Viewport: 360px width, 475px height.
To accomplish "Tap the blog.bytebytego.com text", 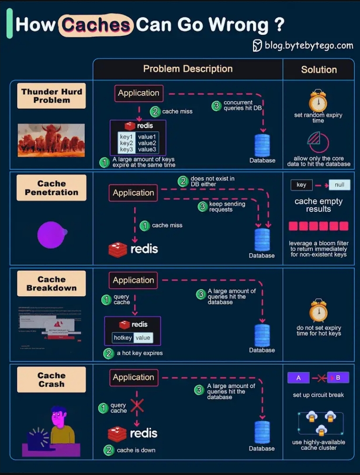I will (308, 45).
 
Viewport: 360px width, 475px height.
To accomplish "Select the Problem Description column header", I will (188, 69).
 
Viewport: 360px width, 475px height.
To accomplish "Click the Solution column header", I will (319, 70).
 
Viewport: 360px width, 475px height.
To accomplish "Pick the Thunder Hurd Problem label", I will (52, 96).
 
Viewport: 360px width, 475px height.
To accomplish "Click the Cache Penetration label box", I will (52, 188).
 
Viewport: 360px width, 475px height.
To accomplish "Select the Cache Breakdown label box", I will (52, 284).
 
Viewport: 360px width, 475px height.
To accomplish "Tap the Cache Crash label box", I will (52, 380).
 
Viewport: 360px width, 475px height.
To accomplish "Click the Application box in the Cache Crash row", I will (133, 377).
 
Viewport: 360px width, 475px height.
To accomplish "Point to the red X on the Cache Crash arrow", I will (137, 406).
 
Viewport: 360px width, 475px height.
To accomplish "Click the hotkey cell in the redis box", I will (123, 337).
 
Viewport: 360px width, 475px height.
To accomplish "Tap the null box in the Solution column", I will (339, 185).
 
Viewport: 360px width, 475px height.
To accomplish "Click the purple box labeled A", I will (298, 378).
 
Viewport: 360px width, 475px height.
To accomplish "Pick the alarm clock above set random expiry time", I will (318, 101).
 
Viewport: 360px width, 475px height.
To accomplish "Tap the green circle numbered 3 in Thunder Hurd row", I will (216, 106).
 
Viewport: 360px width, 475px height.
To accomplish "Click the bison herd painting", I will (51, 140).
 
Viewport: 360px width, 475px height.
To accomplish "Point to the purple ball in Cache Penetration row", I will (52, 235).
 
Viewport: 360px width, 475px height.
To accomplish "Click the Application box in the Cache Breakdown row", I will (133, 280).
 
